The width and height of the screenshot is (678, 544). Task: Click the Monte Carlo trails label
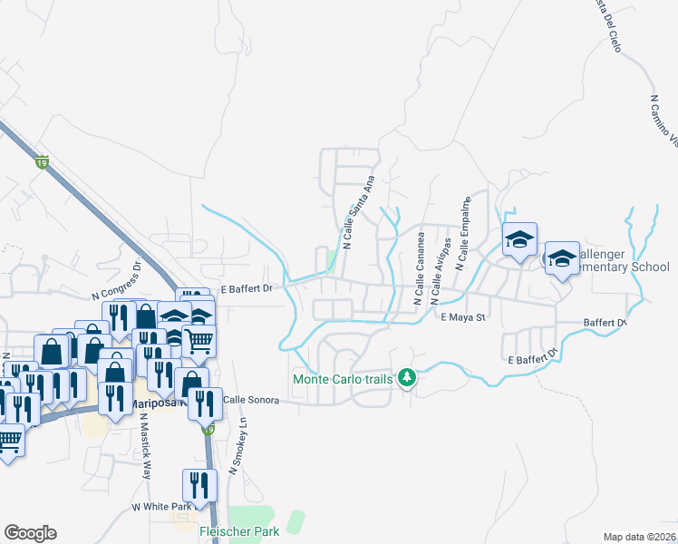(x=343, y=378)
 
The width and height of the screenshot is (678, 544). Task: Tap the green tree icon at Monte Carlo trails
(x=407, y=376)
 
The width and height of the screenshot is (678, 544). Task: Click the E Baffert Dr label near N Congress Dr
(x=247, y=287)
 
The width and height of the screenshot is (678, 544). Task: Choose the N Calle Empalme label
(x=463, y=234)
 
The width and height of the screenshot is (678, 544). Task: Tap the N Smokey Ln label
(x=238, y=445)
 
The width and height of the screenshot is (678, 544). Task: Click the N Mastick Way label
(x=145, y=447)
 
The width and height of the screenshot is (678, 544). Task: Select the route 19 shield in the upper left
(x=41, y=162)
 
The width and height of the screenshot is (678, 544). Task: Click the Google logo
(x=30, y=533)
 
